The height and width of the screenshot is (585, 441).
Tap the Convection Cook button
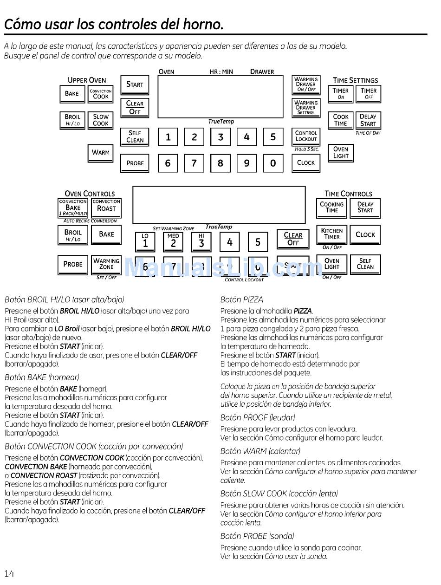pyautogui.click(x=101, y=94)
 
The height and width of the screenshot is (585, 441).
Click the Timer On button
pyautogui.click(x=341, y=93)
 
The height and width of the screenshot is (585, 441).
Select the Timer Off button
pyautogui.click(x=369, y=93)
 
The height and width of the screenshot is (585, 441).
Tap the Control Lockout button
pyautogui.click(x=306, y=136)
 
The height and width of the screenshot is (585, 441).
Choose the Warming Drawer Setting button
pyautogui.click(x=306, y=108)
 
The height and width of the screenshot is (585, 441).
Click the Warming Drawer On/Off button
pyautogui.click(x=306, y=84)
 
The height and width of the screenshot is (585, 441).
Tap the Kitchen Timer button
pyautogui.click(x=332, y=234)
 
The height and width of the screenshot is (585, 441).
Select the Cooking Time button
pyautogui.click(x=332, y=208)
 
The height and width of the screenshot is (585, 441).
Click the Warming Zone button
pyautogui.click(x=106, y=264)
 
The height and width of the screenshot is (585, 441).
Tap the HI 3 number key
pyautogui.click(x=201, y=241)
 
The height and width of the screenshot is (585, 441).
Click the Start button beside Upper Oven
pyautogui.click(x=135, y=84)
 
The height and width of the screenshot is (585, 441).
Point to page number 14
pyautogui.click(x=9, y=574)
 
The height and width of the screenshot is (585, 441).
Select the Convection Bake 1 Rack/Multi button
pyautogui.click(x=73, y=208)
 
